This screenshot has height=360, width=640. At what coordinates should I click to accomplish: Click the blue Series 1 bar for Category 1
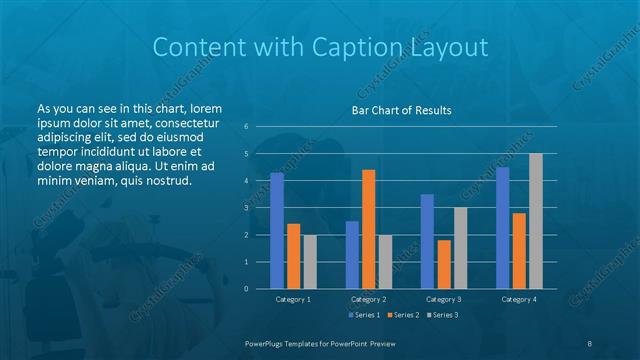(277, 231)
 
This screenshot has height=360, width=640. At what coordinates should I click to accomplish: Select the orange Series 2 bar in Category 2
(369, 229)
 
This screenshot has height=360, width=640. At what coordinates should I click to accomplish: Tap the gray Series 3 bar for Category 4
(536, 221)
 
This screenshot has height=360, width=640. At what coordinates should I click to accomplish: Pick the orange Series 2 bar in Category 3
(444, 264)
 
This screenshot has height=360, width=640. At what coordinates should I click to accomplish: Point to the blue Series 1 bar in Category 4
(503, 228)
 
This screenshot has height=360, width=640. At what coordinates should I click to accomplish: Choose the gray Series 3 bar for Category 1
(310, 262)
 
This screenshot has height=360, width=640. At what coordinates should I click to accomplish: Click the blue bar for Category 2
(352, 255)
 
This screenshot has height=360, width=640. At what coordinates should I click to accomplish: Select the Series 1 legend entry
(363, 315)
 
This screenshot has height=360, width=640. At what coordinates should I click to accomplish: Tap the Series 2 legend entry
(402, 315)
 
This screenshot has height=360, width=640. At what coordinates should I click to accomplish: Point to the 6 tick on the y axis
(246, 127)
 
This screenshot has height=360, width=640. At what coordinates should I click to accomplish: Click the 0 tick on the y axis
(246, 289)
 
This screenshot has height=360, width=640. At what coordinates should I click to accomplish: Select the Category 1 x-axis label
(293, 299)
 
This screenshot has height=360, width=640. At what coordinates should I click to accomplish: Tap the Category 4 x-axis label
(519, 299)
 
